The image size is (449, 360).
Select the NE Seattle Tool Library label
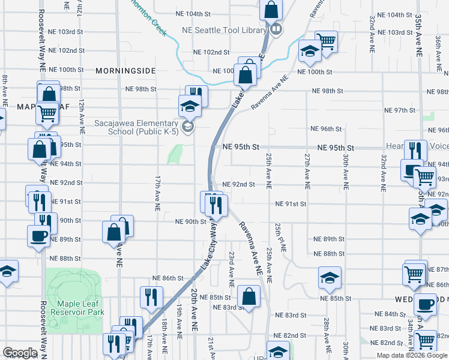[x=225, y=29]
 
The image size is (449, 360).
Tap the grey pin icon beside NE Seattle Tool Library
[x=276, y=29]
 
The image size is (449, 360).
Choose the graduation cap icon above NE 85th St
[x=329, y=278]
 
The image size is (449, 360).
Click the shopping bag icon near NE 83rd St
[x=249, y=296]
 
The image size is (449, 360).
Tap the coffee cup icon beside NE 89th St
[x=38, y=235]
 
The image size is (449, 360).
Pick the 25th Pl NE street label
[x=279, y=238]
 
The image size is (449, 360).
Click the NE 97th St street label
[x=400, y=110]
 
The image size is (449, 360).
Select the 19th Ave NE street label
[x=179, y=333]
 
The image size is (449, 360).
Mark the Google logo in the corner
[x=20, y=353]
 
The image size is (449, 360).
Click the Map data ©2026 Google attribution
[x=412, y=355]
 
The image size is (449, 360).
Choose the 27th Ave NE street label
[x=307, y=171]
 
